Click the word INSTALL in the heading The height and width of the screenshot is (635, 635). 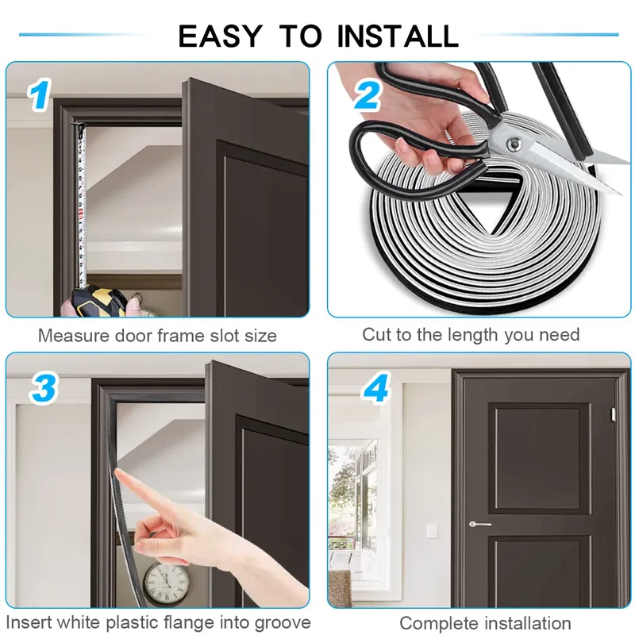398,36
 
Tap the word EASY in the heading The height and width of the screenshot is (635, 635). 221,36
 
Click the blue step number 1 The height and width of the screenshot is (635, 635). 39,94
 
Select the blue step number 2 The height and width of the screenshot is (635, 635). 368,94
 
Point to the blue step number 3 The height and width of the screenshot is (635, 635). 44,388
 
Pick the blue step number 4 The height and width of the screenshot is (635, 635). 375,387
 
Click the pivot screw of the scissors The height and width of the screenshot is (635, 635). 514,144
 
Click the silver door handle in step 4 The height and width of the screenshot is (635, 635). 480,524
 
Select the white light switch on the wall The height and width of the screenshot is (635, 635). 431,530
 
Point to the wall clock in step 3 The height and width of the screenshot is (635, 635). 167,581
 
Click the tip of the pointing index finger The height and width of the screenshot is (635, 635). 116,470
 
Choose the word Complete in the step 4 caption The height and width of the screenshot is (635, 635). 439,623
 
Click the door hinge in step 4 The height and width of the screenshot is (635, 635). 613,414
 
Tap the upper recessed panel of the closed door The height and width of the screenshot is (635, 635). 540,458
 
